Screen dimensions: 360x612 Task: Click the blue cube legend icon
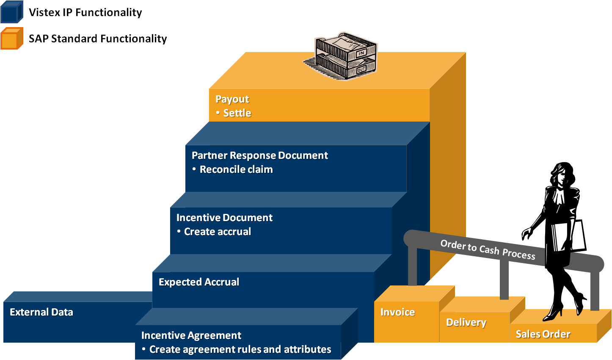11,12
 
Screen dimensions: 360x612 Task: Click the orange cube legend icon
11,39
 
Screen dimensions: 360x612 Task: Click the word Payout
232,99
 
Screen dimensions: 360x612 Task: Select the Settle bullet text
237,113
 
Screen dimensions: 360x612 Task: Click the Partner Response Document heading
259,155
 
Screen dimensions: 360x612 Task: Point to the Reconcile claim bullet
236,169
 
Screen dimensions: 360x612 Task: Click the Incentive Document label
224,218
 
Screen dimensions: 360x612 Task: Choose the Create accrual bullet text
218,232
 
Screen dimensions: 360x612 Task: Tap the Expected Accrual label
199,282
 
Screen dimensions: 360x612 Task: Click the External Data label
41,312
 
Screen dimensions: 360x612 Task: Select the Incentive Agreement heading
191,335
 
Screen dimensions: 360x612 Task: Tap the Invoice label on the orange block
397,312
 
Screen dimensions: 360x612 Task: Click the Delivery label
466,322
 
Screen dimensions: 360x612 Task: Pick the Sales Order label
543,334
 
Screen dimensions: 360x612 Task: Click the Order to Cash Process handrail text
488,249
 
